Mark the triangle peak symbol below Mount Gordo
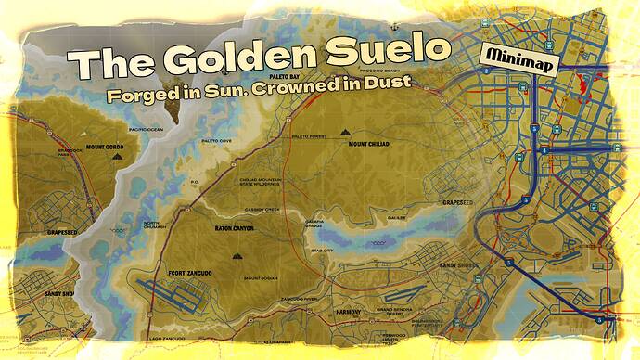(115, 159)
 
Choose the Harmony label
(348, 312)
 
